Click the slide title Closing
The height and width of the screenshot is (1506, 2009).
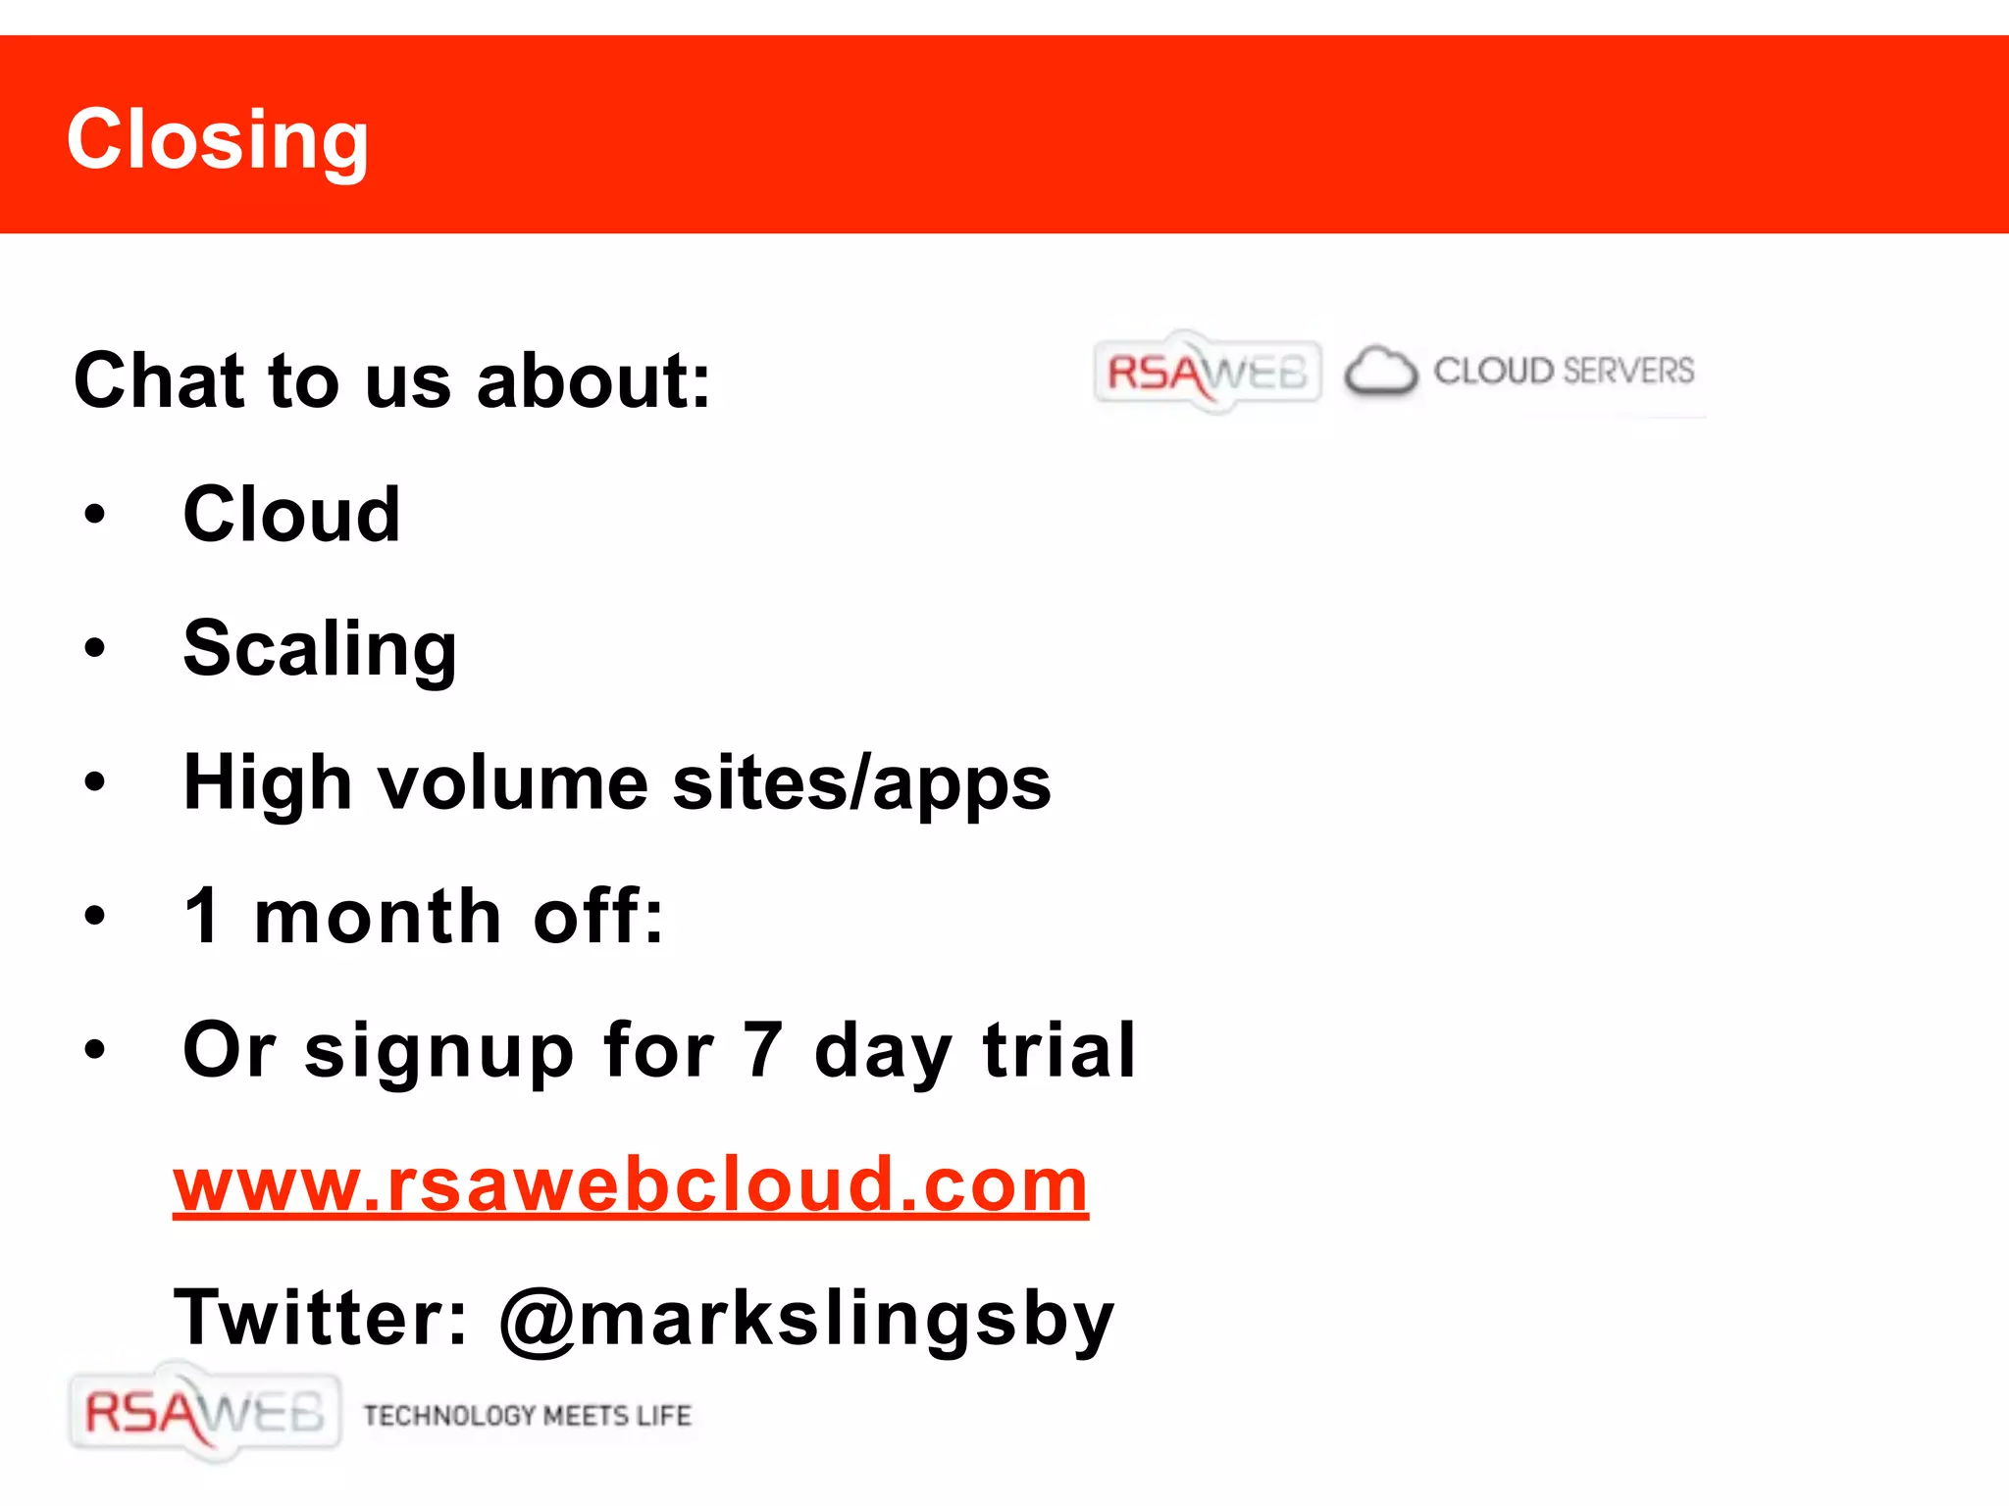point(218,139)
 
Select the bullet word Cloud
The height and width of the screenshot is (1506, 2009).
point(291,515)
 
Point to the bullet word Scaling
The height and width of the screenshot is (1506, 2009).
point(320,649)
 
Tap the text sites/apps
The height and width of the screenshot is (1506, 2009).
point(861,783)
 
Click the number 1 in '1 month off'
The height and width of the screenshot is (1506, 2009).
point(203,916)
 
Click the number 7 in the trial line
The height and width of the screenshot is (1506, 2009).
point(762,1050)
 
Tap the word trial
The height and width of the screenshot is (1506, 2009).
point(1059,1050)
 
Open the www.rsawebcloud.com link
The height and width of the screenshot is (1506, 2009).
point(631,1185)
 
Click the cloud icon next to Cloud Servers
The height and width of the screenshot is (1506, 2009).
point(1380,372)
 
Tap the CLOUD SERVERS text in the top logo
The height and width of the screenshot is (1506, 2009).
point(1564,371)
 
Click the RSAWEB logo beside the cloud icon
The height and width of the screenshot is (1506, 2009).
point(1207,372)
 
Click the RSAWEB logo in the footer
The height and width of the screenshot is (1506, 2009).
point(204,1413)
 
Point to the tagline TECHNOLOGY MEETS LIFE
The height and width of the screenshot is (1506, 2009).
point(527,1415)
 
